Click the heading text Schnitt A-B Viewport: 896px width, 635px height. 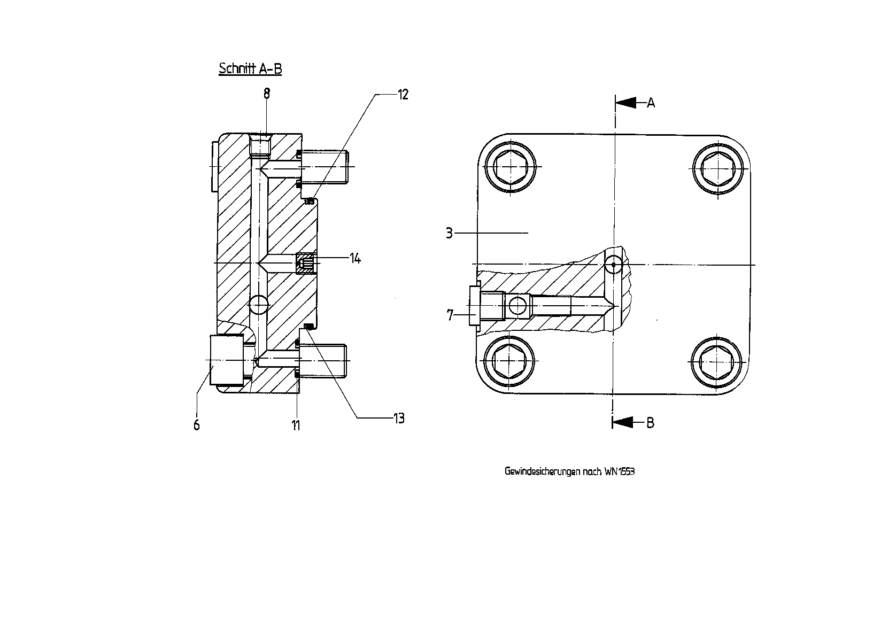pos(250,68)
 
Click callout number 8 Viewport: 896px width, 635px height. pos(267,94)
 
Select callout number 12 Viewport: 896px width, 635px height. pos(403,95)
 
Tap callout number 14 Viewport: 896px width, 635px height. pos(355,259)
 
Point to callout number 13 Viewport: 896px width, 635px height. pos(399,419)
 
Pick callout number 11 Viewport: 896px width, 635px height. pos(296,425)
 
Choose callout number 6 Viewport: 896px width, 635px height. pos(196,425)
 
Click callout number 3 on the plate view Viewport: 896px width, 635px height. pos(449,233)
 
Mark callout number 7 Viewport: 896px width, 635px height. pos(450,315)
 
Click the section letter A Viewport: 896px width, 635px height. pos(651,103)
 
